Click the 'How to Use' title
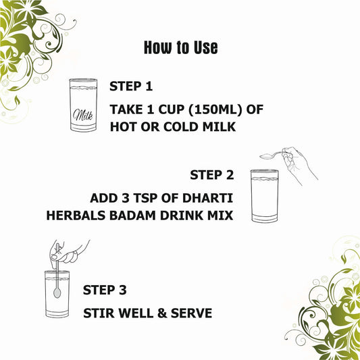pos(181,48)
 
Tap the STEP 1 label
pos(131,86)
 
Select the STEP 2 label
pos(212,175)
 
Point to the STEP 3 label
pos(105,290)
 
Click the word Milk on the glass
pos(83,115)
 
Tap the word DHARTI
pos(208,198)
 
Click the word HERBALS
pos(76,215)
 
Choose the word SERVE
pos(191,313)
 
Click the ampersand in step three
pos(162,313)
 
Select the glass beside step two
pos(265,196)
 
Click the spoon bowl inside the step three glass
pos(57,292)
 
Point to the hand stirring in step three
pos(68,252)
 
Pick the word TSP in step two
pos(145,198)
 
